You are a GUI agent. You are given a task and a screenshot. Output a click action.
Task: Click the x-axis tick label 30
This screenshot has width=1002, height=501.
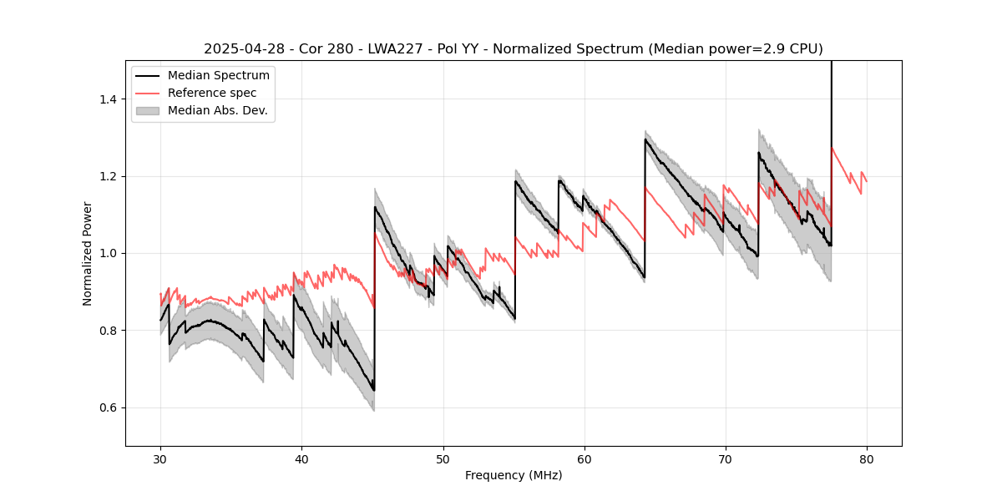[160, 459]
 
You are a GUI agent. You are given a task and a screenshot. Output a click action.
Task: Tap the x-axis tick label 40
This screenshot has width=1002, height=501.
[301, 459]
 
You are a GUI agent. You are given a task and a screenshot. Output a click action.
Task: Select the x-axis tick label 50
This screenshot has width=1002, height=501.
[443, 459]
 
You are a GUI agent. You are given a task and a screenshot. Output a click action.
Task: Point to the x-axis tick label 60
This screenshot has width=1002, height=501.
[584, 459]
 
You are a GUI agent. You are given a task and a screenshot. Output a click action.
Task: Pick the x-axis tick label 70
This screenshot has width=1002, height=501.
[725, 459]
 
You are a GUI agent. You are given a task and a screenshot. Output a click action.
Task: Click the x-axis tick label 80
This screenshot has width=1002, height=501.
[866, 459]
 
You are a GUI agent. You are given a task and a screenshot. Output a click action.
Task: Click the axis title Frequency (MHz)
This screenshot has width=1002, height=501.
[514, 476]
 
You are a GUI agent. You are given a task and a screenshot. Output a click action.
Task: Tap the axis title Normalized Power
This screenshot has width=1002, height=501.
[88, 253]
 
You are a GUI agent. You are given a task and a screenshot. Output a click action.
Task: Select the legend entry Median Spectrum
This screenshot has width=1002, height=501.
[218, 76]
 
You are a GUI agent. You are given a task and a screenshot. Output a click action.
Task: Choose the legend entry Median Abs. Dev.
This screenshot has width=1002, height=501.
[217, 110]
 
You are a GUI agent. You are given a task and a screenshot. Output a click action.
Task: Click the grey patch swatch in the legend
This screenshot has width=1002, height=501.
[149, 110]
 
